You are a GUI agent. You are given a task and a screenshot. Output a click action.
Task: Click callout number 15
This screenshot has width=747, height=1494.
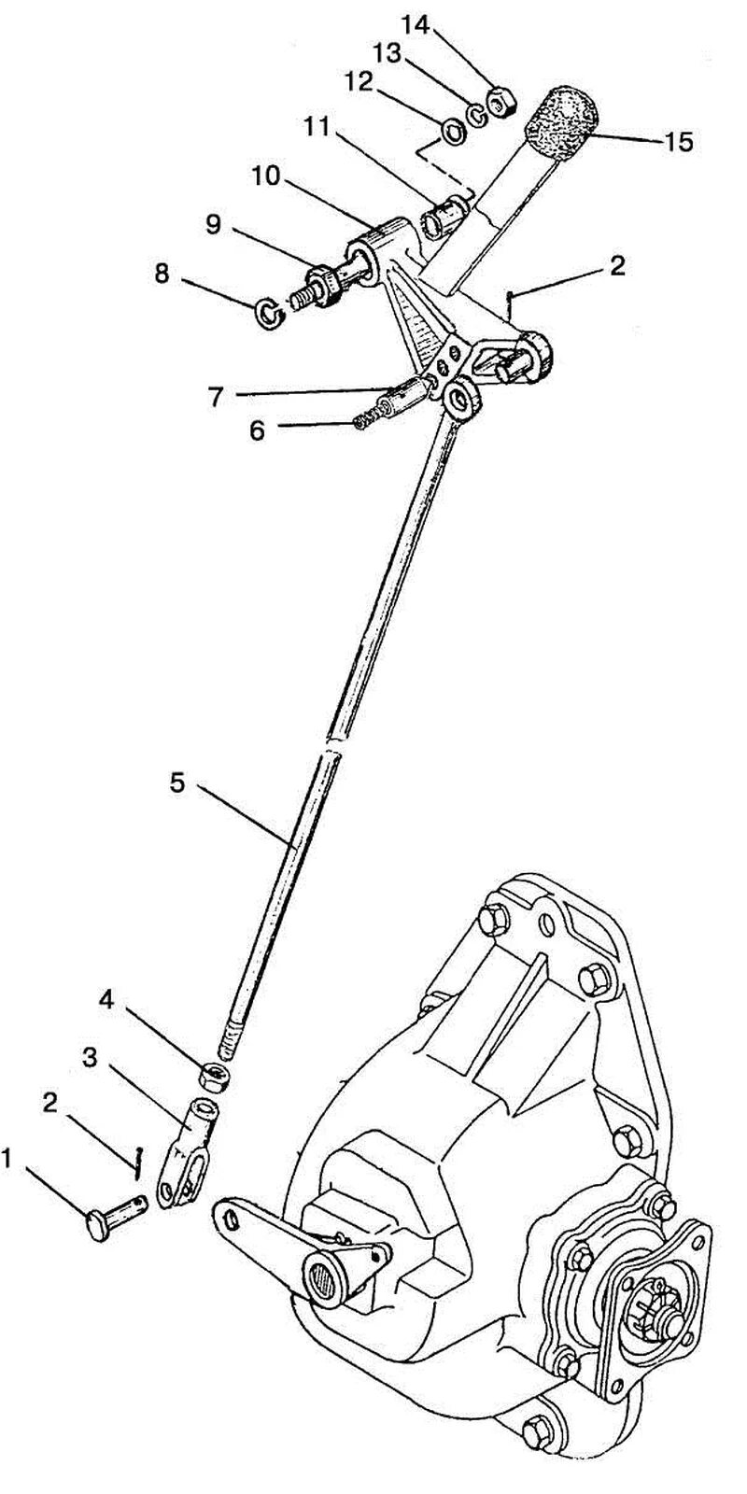click(x=678, y=143)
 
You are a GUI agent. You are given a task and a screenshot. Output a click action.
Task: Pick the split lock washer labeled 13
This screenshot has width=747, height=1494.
click(x=478, y=115)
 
